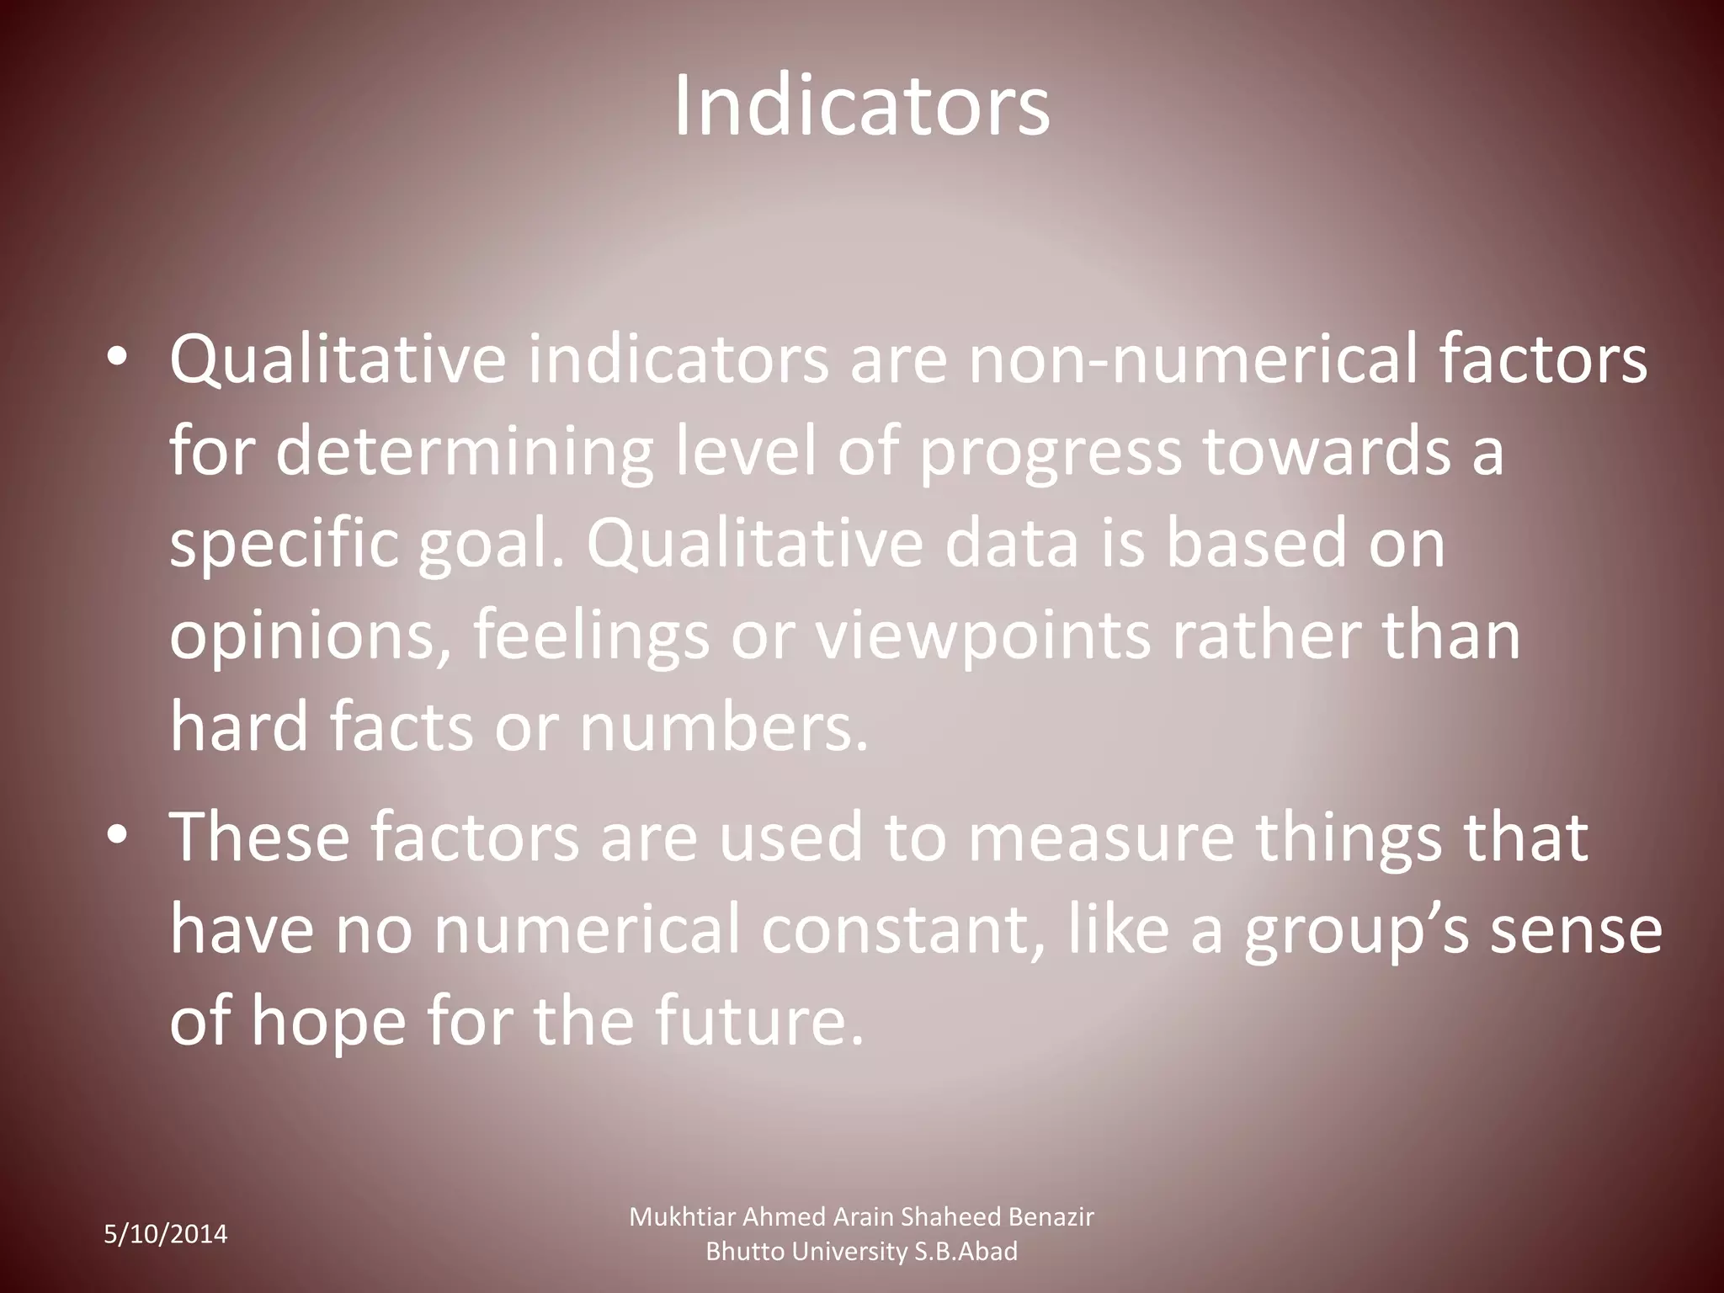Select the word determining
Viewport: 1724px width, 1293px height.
coord(464,452)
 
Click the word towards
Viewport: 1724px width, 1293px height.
coord(1327,452)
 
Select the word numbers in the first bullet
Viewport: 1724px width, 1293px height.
coord(724,728)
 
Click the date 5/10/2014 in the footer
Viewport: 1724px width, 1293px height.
coord(166,1235)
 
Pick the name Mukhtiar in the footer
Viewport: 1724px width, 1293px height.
coord(683,1217)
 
